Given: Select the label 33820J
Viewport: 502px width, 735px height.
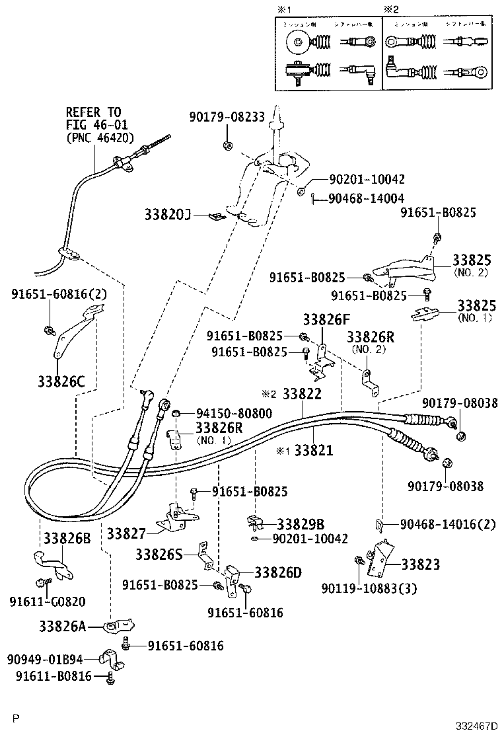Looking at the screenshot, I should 168,215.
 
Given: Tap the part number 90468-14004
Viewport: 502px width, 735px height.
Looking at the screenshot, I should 366,198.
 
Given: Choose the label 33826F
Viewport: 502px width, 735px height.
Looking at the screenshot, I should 326,321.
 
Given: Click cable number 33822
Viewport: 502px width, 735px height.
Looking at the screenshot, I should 302,394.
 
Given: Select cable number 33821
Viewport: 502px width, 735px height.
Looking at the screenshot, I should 313,451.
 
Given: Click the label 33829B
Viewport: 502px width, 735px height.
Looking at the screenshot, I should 300,524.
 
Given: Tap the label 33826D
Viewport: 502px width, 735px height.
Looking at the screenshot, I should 277,572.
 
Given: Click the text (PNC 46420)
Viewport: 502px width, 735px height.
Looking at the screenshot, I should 100,138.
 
